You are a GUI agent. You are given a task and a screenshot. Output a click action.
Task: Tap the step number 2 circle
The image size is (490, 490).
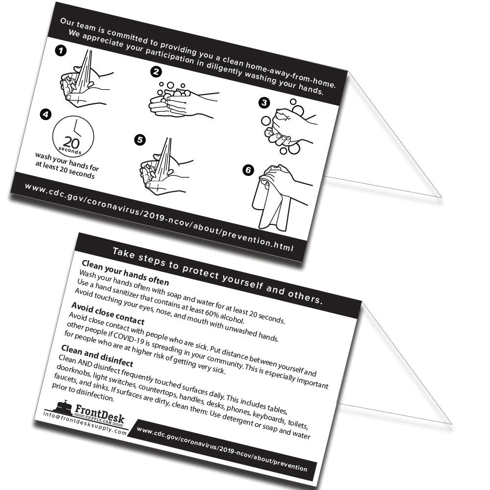156,72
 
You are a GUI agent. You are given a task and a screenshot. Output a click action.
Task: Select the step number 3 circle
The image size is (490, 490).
264,102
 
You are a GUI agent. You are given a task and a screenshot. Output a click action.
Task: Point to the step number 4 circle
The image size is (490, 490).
46,115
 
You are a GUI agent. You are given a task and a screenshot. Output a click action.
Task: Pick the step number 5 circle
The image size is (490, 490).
140,140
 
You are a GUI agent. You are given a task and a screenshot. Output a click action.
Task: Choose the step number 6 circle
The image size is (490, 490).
248,170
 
